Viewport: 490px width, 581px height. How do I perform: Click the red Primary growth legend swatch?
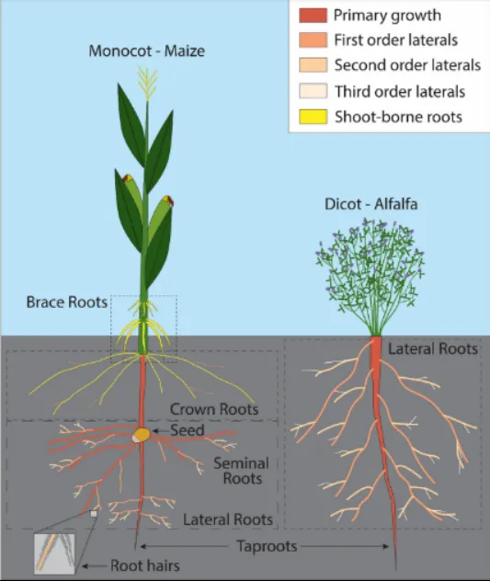point(313,16)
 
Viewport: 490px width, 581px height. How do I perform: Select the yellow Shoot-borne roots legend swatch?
point(313,117)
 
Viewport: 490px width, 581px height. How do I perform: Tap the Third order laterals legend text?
point(400,92)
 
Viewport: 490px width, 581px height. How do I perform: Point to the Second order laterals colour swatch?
point(313,65)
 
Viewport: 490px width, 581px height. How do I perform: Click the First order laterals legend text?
point(396,40)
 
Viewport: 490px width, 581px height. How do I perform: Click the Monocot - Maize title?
point(147,51)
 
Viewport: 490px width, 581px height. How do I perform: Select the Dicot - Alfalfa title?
point(371,204)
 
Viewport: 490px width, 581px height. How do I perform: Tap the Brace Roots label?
point(67,302)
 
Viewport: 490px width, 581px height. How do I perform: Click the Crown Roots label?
point(214,409)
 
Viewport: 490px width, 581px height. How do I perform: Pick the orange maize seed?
point(142,434)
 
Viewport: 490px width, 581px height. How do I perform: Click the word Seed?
point(188,430)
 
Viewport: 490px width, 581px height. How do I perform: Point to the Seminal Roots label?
point(242,471)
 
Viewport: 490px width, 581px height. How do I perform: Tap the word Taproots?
point(267,546)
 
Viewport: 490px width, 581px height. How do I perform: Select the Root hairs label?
point(145,565)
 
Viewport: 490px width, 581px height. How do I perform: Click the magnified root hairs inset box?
point(54,554)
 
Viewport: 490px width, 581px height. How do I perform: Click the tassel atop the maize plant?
point(147,83)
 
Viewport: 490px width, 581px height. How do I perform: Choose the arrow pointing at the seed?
point(161,430)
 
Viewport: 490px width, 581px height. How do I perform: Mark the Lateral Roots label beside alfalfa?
point(433,348)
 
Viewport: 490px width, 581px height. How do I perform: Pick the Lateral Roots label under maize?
point(228,519)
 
